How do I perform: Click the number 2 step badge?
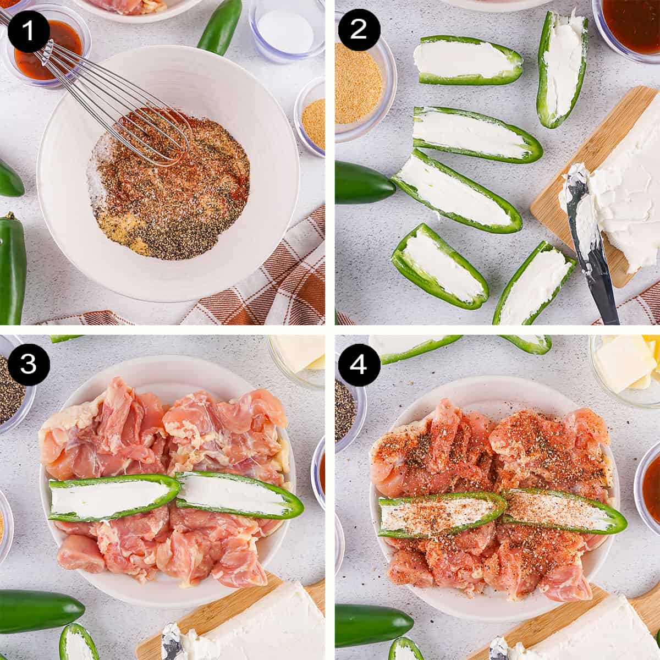point(358,29)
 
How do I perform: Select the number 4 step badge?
point(358,364)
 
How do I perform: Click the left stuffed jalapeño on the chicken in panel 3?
point(113,498)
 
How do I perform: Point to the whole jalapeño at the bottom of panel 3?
point(38,610)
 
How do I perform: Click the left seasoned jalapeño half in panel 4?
point(440,514)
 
